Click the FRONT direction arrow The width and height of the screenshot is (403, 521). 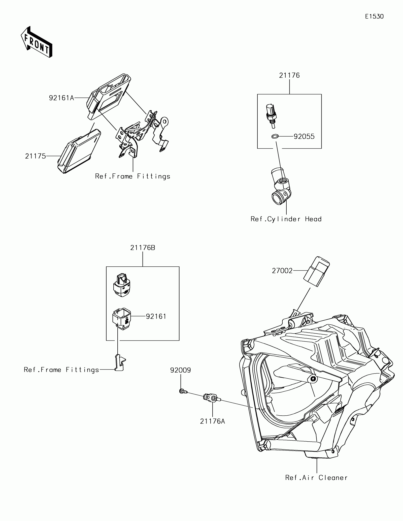pyautogui.click(x=37, y=41)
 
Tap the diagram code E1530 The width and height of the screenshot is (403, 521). pyautogui.click(x=374, y=17)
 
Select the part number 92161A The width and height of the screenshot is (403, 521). pyautogui.click(x=61, y=98)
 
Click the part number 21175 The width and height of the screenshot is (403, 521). pyautogui.click(x=36, y=156)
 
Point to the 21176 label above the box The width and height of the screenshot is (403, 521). pyautogui.click(x=289, y=75)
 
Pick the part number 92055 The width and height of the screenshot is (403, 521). pyautogui.click(x=304, y=137)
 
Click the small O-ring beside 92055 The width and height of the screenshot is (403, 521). pyautogui.click(x=275, y=137)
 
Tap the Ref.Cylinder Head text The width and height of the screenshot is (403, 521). pyautogui.click(x=286, y=219)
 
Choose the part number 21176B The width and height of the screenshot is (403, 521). pyautogui.click(x=143, y=248)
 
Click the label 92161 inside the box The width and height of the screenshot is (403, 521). pyautogui.click(x=156, y=317)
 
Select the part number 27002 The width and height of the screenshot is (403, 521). pyautogui.click(x=282, y=271)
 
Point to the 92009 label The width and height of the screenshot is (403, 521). pyautogui.click(x=181, y=370)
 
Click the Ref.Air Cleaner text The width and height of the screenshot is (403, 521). pyautogui.click(x=316, y=478)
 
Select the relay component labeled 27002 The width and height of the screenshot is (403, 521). pyautogui.click(x=317, y=271)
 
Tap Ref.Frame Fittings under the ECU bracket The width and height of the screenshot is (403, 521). pyautogui.click(x=133, y=176)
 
